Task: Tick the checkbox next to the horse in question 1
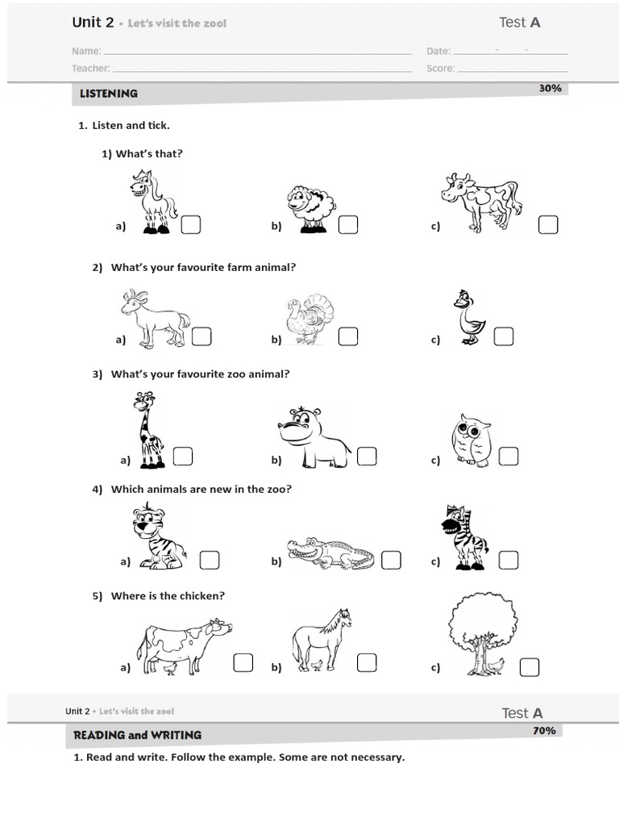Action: (x=191, y=225)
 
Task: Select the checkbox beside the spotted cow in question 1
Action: (x=548, y=225)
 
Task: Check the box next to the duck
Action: (x=504, y=336)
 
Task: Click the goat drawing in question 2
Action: (x=154, y=319)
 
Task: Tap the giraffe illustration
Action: (x=148, y=430)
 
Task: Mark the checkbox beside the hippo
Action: (x=367, y=457)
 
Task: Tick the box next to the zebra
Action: (x=508, y=559)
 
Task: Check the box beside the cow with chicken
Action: (x=243, y=663)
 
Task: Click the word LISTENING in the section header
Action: (x=109, y=94)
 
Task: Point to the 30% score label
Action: (x=550, y=88)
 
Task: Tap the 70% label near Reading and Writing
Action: (x=544, y=731)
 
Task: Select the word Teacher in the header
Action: (x=90, y=69)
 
